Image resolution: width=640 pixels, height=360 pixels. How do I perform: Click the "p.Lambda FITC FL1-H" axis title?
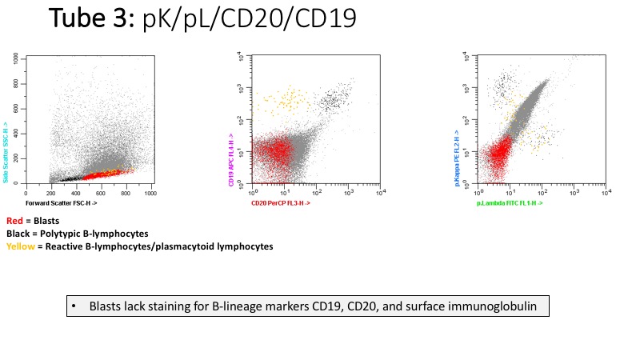[x=510, y=204]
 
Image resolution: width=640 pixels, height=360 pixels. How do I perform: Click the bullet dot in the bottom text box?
[x=74, y=306]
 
